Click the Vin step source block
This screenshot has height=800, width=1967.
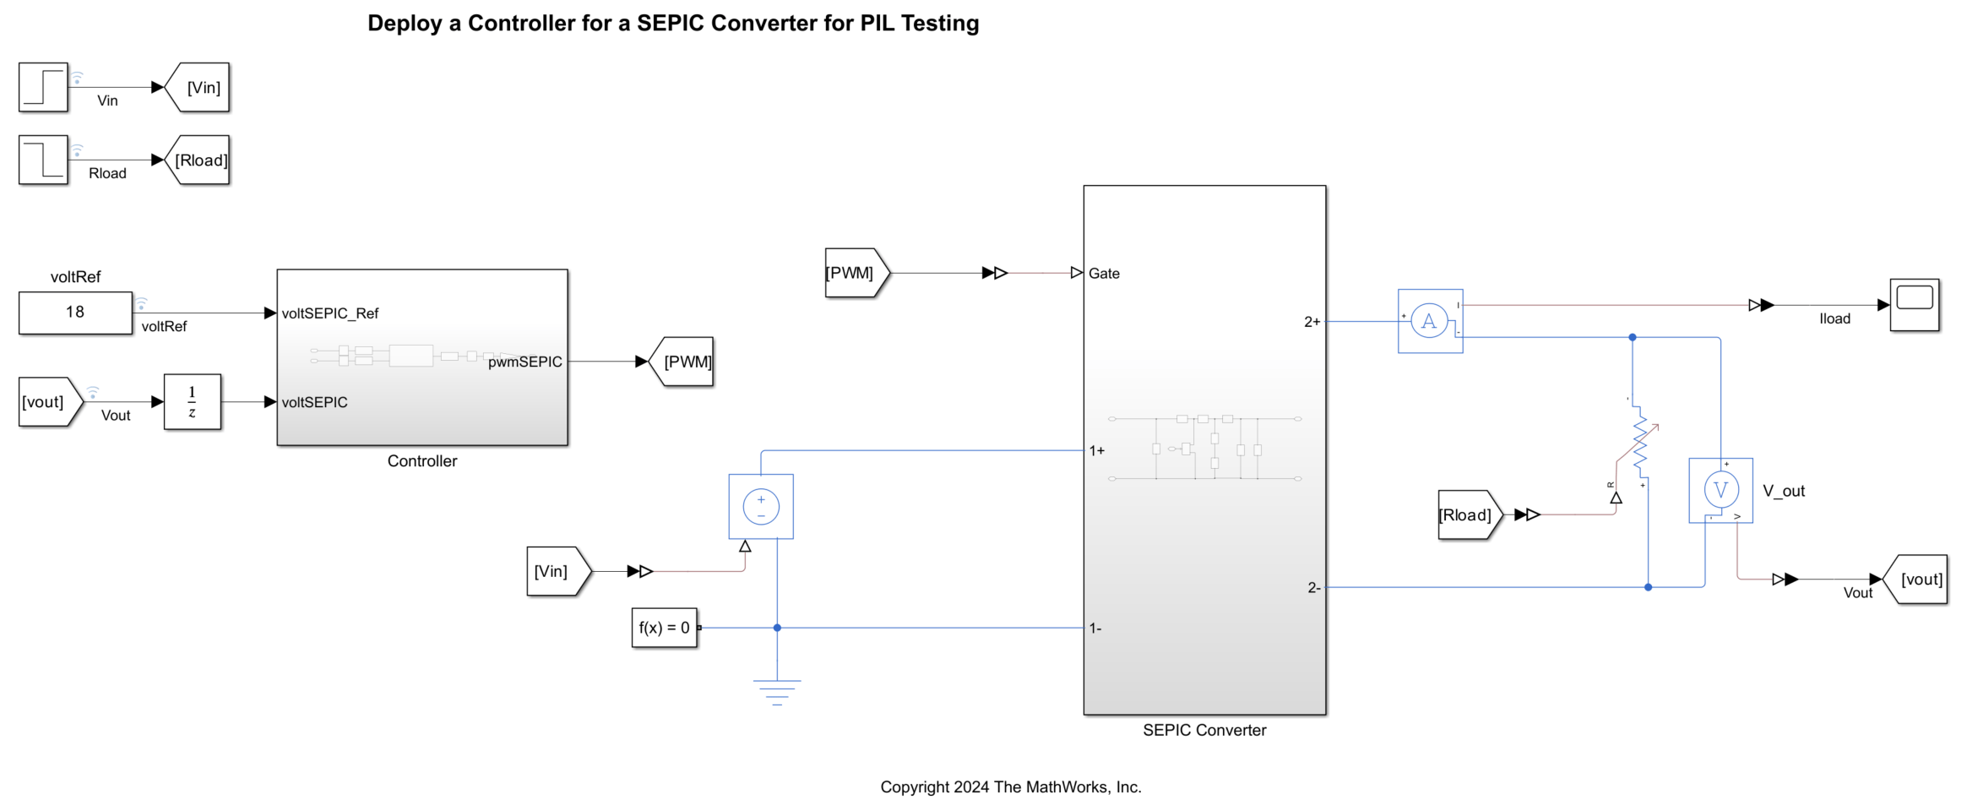tap(43, 87)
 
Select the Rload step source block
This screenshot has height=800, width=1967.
tap(43, 160)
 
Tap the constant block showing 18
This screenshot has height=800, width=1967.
tap(75, 313)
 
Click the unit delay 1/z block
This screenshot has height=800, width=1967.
tap(193, 402)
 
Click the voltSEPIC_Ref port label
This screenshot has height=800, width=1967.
tap(330, 313)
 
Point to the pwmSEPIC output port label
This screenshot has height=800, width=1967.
tap(524, 362)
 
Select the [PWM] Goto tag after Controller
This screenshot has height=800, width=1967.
tap(684, 362)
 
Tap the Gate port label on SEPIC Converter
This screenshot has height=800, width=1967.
tap(1104, 274)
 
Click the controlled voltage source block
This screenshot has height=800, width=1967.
tap(761, 507)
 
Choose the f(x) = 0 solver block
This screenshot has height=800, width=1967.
tap(665, 628)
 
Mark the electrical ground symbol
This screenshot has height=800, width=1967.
tap(777, 692)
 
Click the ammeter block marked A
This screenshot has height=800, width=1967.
tap(1430, 321)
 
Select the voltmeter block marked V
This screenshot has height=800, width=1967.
tap(1720, 491)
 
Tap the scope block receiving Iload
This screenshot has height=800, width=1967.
tap(1914, 305)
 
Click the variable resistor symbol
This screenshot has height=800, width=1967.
tap(1640, 444)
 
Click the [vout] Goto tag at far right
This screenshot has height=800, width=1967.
tap(1917, 580)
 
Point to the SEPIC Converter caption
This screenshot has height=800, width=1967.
tap(1204, 731)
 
